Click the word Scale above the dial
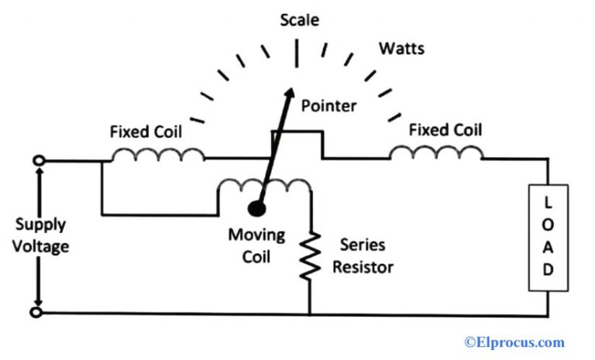point(299,19)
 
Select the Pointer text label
point(328,105)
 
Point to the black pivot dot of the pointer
point(256,207)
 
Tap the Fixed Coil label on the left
point(146,132)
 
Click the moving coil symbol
point(263,187)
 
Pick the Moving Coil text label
point(256,245)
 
